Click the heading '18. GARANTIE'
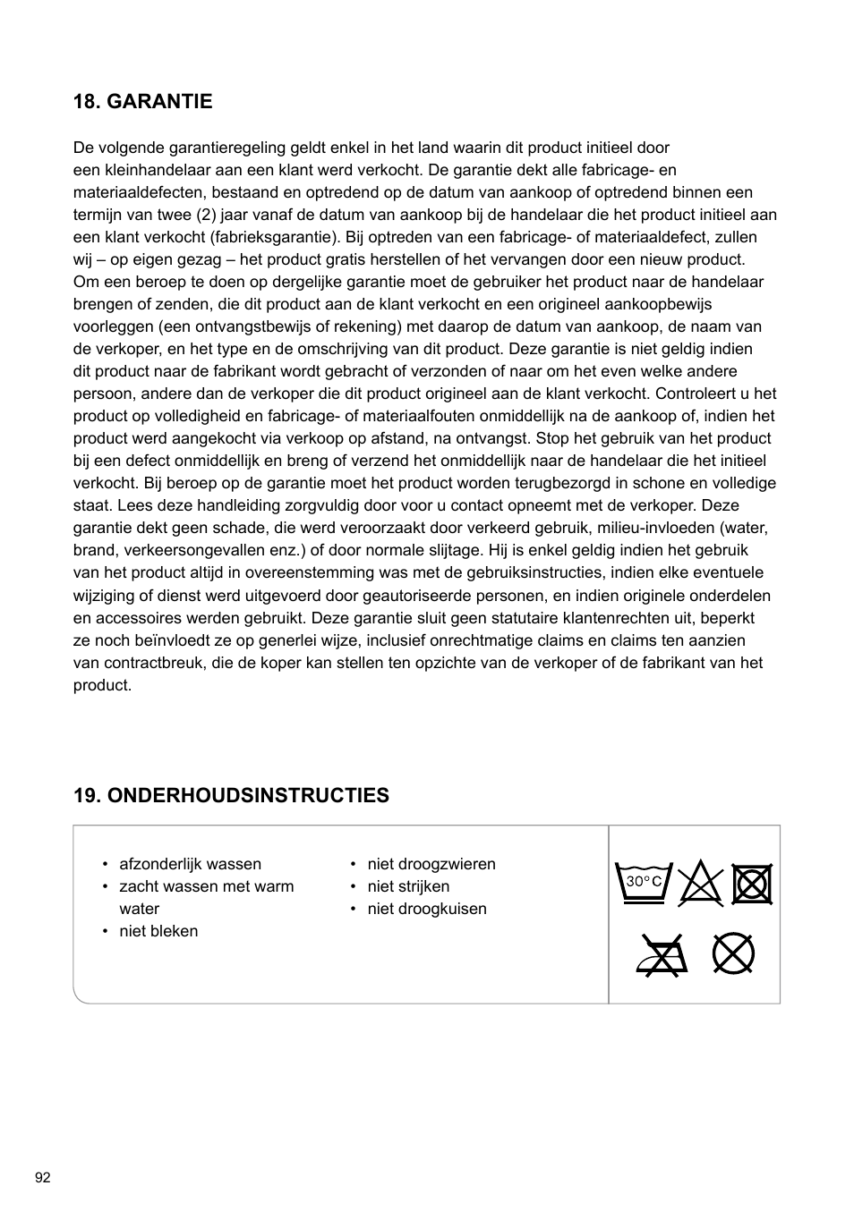pyautogui.click(x=143, y=102)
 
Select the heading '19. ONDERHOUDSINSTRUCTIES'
pyautogui.click(x=231, y=796)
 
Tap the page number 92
pyautogui.click(x=43, y=1177)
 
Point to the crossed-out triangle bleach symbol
pyautogui.click(x=700, y=885)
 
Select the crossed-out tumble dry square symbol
pyautogui.click(x=752, y=885)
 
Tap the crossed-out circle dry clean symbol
pyautogui.click(x=733, y=953)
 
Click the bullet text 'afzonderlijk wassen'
pyautogui.click(x=190, y=864)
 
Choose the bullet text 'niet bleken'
pyautogui.click(x=158, y=931)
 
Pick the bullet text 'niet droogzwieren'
pyautogui.click(x=431, y=864)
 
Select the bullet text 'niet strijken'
pyautogui.click(x=408, y=886)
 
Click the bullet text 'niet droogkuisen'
pyautogui.click(x=427, y=909)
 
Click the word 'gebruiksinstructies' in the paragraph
pyautogui.click(x=522, y=572)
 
